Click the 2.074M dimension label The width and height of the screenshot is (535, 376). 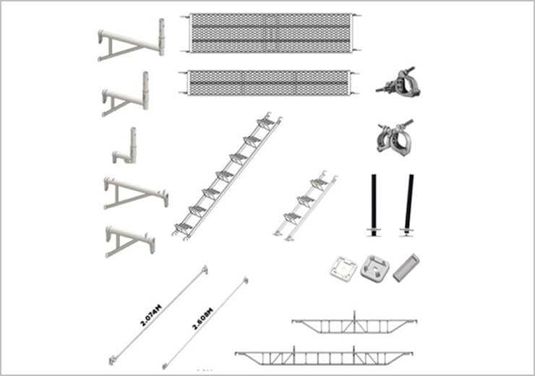pos(151,315)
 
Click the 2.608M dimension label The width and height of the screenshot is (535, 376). pos(202,319)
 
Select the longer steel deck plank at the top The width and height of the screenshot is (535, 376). pos(270,33)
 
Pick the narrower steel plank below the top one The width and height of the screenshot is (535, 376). pos(269,83)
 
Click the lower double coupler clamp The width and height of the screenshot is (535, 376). pos(395,137)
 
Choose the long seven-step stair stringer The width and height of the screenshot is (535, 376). pos(227,176)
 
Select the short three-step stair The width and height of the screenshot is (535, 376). pos(304,206)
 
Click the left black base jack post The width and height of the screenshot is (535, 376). pos(374,205)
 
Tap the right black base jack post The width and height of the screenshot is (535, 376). pos(408,205)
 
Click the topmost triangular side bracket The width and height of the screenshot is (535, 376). pos(132,40)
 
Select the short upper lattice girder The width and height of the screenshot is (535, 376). pos(354,323)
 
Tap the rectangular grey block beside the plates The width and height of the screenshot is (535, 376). pos(406,268)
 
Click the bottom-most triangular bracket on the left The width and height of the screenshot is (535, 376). pos(129,241)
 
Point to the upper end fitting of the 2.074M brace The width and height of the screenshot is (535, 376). pos(205,270)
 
